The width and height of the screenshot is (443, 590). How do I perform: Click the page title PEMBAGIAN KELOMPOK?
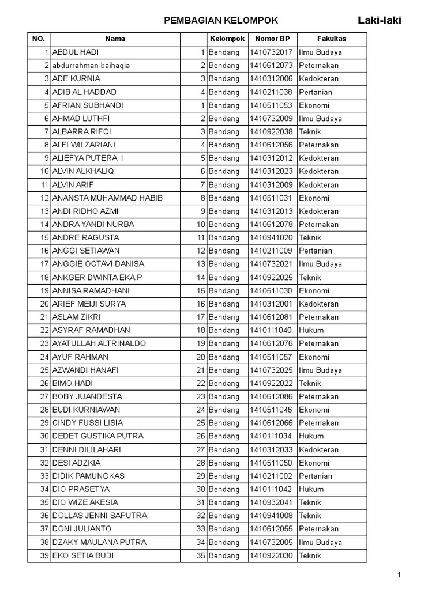[221, 21]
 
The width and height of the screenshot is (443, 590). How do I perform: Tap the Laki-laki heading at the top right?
[380, 21]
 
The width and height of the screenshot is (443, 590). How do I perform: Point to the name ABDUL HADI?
[76, 52]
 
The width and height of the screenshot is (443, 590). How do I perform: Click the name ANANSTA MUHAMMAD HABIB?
[107, 198]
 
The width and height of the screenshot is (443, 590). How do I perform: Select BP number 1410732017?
[272, 52]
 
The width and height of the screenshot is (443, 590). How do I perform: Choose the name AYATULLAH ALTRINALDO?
[99, 343]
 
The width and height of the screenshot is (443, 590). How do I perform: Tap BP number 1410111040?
[272, 330]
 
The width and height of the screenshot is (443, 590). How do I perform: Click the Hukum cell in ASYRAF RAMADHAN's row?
[311, 330]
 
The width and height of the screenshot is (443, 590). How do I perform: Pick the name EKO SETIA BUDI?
[83, 555]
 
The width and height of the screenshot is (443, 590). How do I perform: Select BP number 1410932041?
[272, 502]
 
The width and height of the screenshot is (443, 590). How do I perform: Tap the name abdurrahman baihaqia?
[91, 66]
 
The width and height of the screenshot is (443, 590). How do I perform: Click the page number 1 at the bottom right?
[398, 574]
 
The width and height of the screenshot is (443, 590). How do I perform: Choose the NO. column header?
[39, 39]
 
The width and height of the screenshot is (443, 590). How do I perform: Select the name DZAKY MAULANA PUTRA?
[99, 542]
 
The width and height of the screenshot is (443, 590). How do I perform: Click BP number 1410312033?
[272, 449]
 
